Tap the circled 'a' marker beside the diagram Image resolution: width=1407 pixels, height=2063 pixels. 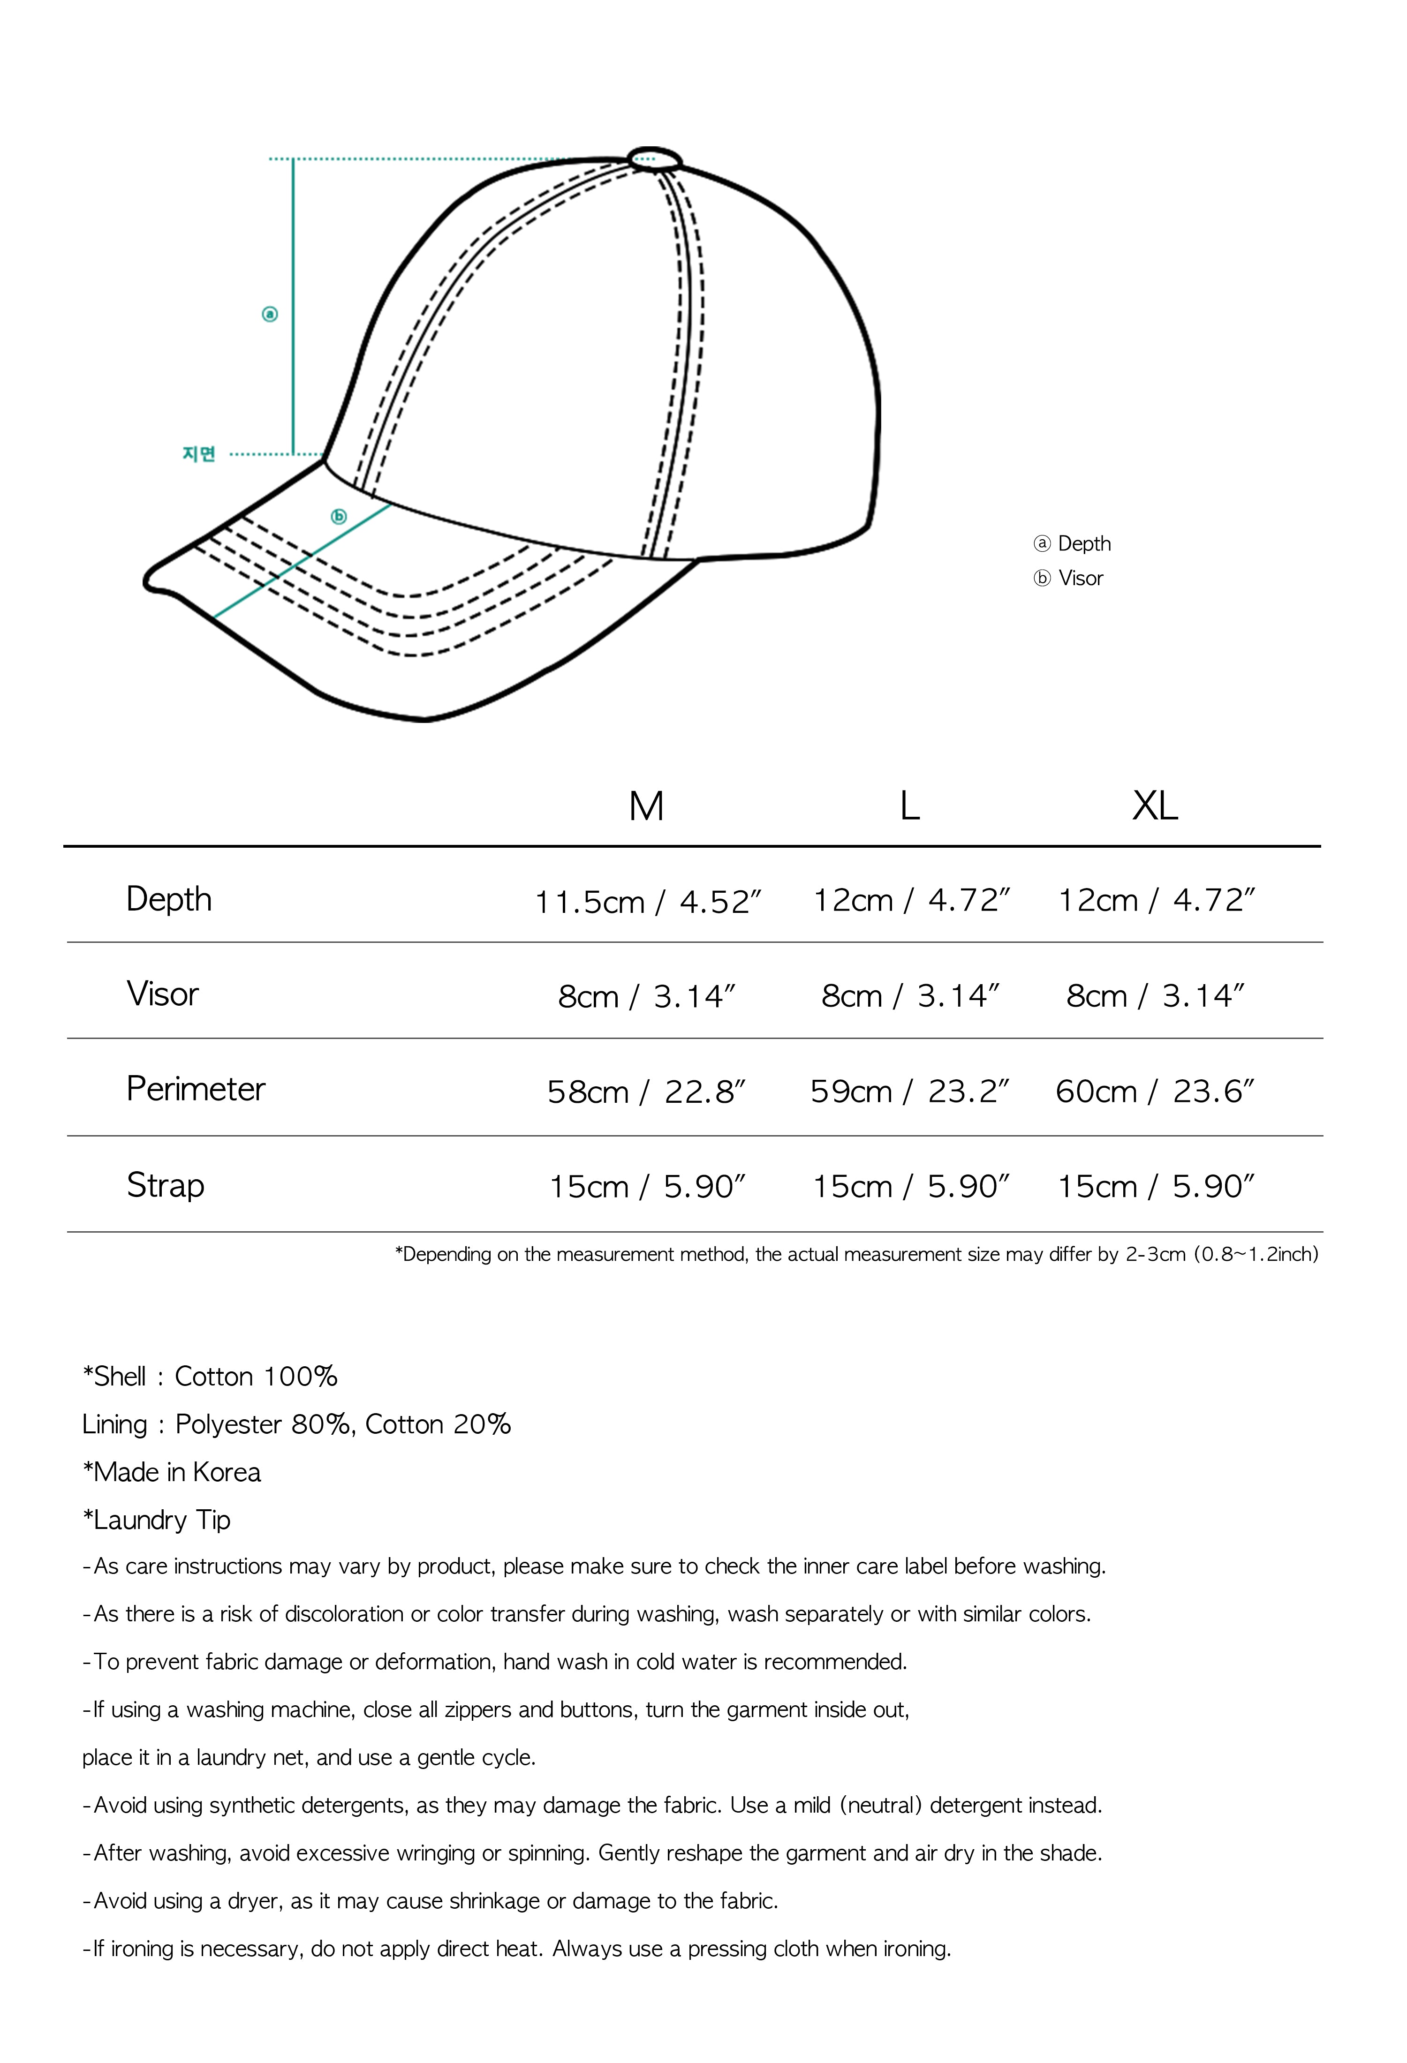coord(270,313)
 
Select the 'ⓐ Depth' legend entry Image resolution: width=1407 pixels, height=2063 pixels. coord(1072,543)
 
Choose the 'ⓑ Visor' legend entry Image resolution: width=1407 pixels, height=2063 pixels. coord(1069,578)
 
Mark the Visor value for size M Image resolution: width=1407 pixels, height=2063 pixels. coord(646,996)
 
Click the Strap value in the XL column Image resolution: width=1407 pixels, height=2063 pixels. coord(1154,1186)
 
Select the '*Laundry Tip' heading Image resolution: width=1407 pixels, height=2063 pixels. coord(156,1520)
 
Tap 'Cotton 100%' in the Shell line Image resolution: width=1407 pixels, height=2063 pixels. coord(256,1376)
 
